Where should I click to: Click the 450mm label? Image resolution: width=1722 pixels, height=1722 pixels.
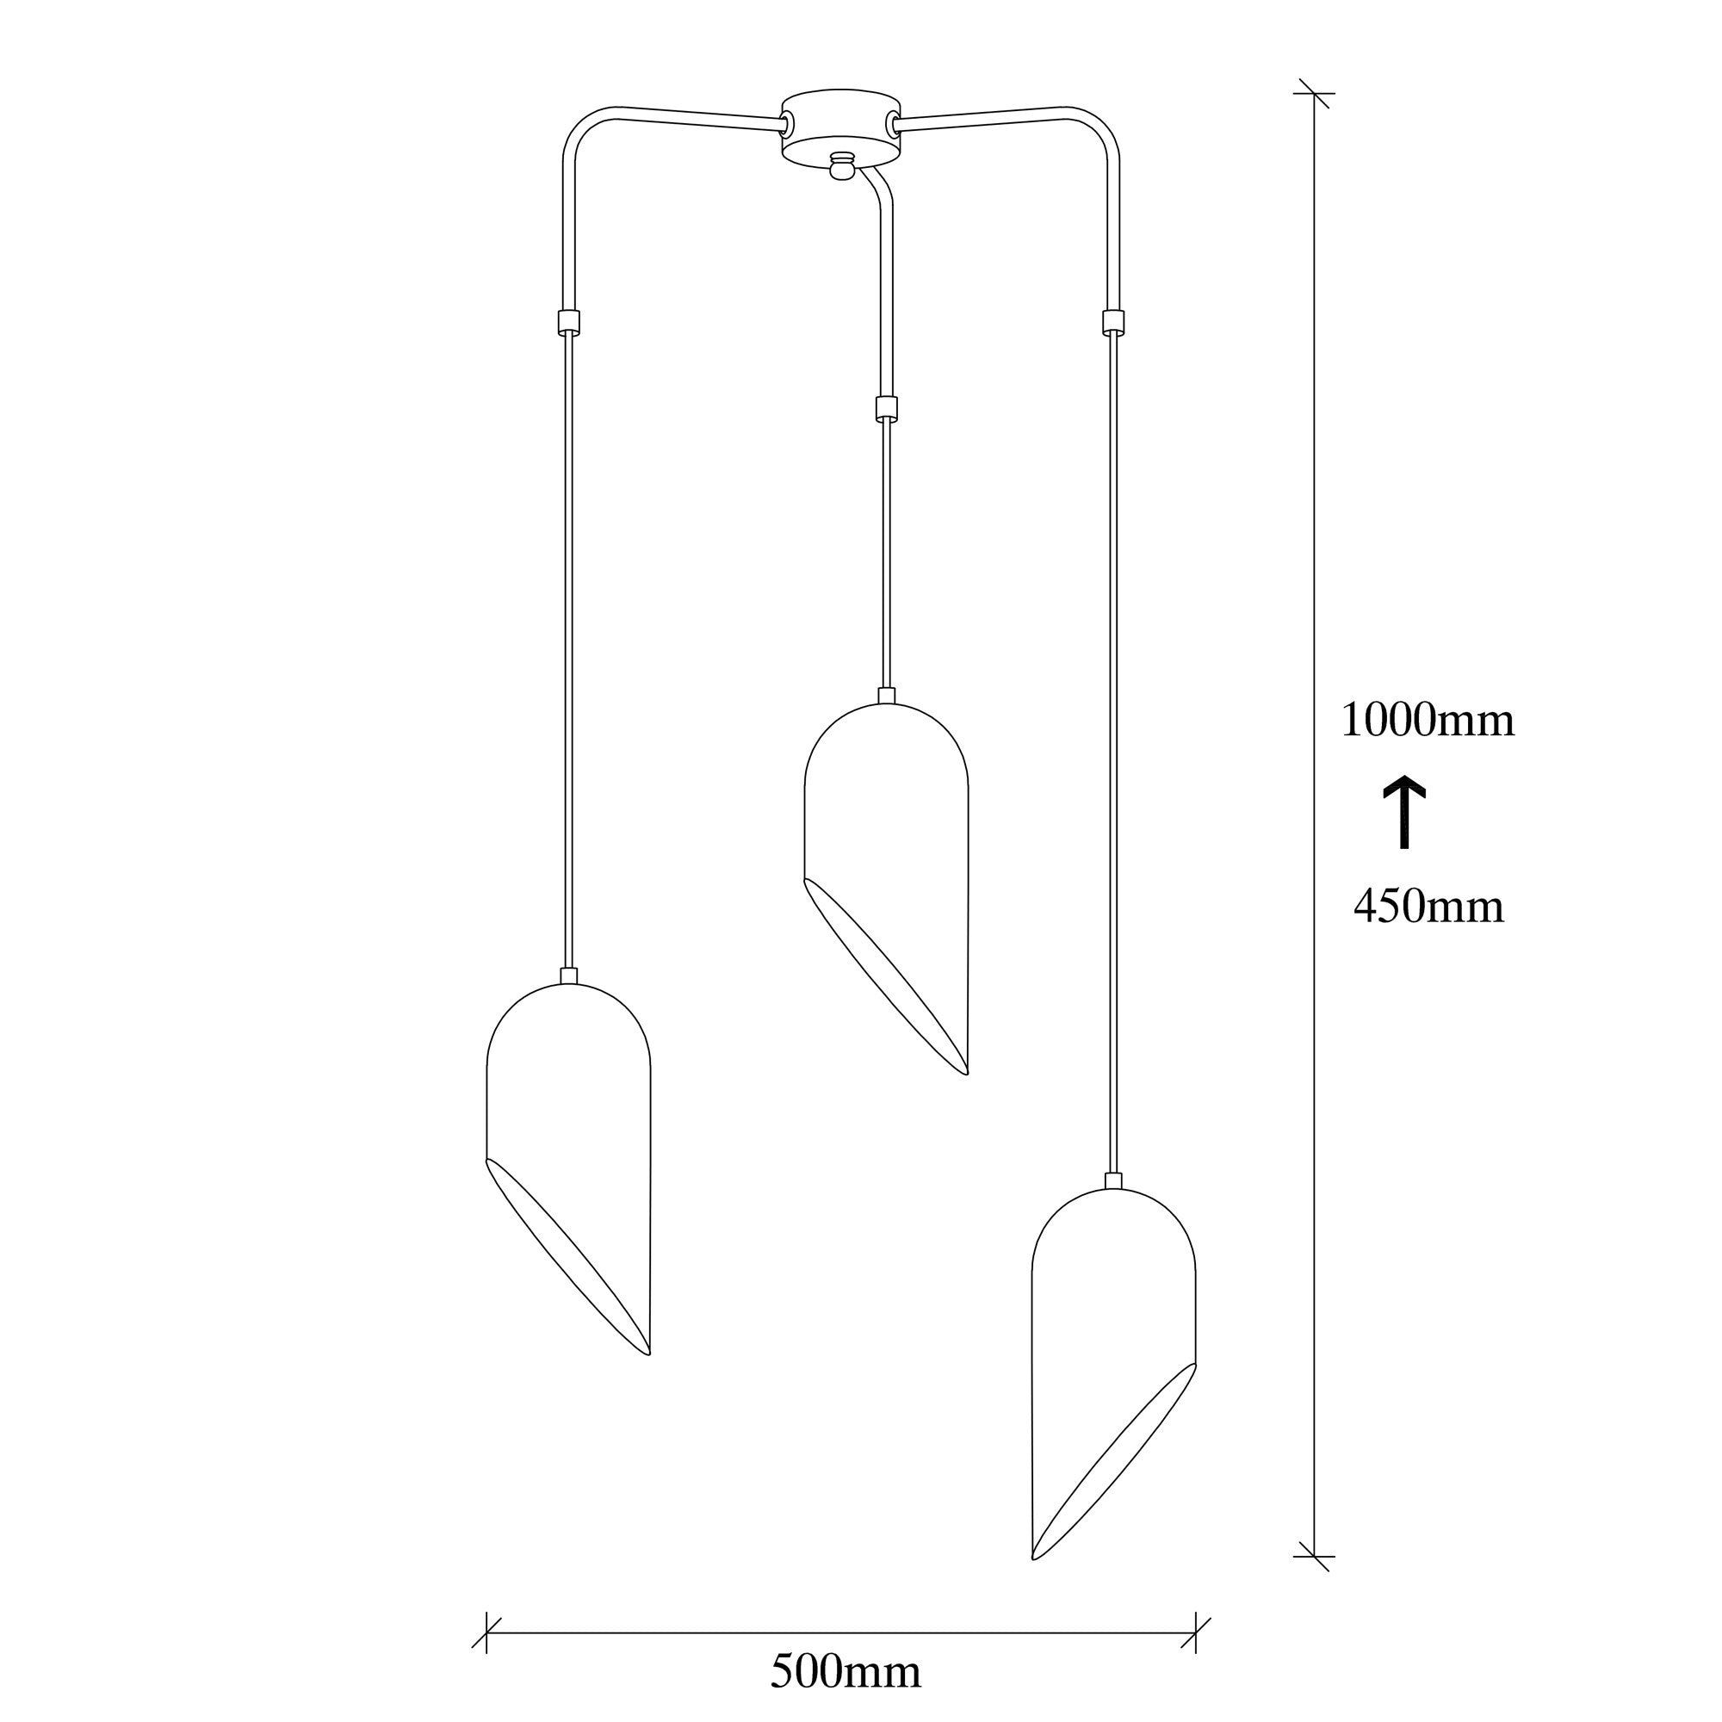tap(1428, 907)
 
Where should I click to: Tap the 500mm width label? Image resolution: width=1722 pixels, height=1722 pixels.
tap(845, 1672)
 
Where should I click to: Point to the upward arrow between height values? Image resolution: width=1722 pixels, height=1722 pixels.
tap(1404, 812)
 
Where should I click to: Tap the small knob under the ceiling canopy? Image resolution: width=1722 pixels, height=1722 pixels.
tap(840, 167)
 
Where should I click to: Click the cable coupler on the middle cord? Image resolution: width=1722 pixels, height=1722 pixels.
tap(885, 409)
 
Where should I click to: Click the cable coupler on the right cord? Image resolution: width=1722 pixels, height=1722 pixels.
tap(1112, 321)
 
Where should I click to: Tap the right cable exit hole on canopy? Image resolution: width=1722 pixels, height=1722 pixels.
tap(892, 123)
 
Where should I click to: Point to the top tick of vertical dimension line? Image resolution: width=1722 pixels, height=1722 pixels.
tap(1314, 93)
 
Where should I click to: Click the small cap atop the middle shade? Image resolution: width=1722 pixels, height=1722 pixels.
tap(886, 695)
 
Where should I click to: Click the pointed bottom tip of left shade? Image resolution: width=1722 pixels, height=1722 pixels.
tap(648, 1353)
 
